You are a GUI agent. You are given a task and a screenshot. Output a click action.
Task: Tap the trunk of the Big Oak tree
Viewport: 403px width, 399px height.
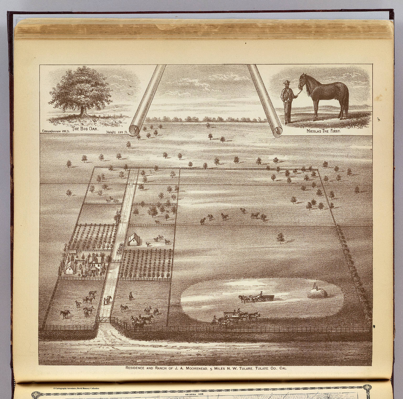coord(83,111)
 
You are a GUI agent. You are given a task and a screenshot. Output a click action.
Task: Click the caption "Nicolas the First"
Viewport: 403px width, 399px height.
coord(323,131)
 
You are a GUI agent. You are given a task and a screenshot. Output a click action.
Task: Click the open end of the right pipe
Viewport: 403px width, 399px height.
coord(275,131)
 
